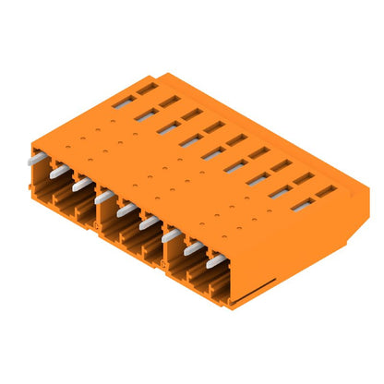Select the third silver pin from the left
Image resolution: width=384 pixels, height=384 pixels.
coord(82,184)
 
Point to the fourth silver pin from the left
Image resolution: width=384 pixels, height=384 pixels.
coord(104,197)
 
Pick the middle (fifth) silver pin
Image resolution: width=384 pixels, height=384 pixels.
coord(126,210)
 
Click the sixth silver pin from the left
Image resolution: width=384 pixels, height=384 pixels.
coord(149,222)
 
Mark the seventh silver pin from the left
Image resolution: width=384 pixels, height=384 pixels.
coord(171,235)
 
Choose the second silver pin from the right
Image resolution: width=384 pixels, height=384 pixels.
coord(193,248)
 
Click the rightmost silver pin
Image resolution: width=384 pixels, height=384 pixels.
coord(216,262)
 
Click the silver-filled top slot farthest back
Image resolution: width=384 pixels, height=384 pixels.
coord(123,101)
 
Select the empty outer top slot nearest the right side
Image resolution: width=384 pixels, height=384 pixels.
coord(326,192)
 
